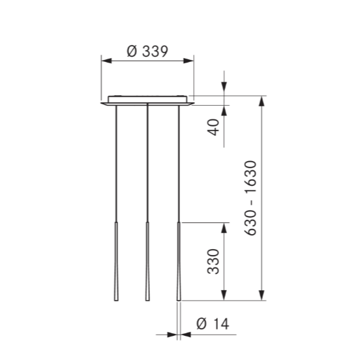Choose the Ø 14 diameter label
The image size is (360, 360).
pos(210,323)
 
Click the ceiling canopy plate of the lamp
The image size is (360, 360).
pos(147,100)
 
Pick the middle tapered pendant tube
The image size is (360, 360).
pos(147,261)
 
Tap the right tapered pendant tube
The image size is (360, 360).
pos(178,261)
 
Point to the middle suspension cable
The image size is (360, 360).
pos(147,163)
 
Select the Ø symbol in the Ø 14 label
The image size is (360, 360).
pos(200,323)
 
